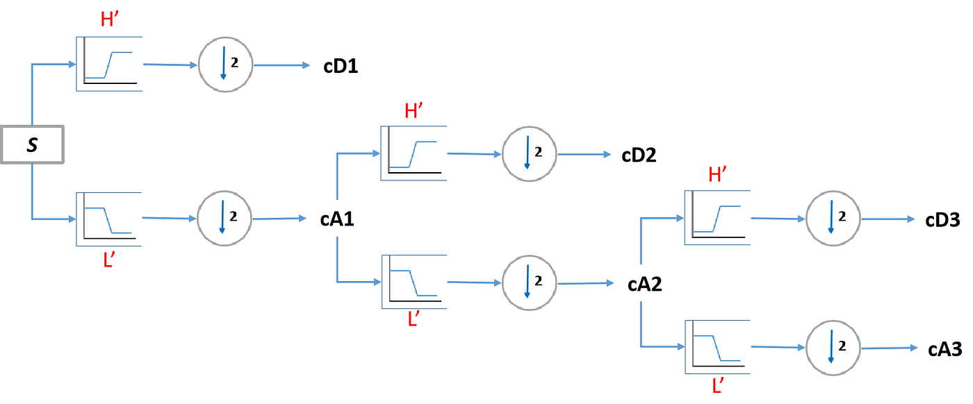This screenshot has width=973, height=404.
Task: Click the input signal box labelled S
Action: pos(32,145)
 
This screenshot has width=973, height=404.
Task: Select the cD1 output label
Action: pos(341,67)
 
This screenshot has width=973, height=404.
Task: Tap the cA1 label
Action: pos(336,220)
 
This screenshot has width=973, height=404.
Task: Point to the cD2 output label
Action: pos(638,155)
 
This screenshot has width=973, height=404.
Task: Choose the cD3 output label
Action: pos(942,220)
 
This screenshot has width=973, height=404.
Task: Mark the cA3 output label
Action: pos(945,349)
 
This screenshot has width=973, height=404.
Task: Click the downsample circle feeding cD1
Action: pos(225,65)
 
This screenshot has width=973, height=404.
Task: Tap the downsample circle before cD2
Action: pos(529,154)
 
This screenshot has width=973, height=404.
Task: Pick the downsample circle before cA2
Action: pos(529,283)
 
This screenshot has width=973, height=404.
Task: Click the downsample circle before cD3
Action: pos(832,218)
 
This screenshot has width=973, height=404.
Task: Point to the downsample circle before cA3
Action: pos(832,347)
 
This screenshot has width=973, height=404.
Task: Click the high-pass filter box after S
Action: pos(109,63)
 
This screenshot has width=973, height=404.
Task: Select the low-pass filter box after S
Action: pos(109,219)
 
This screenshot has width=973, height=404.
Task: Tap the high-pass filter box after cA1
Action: pos(413,153)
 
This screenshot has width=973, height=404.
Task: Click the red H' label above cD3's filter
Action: pos(718,176)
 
